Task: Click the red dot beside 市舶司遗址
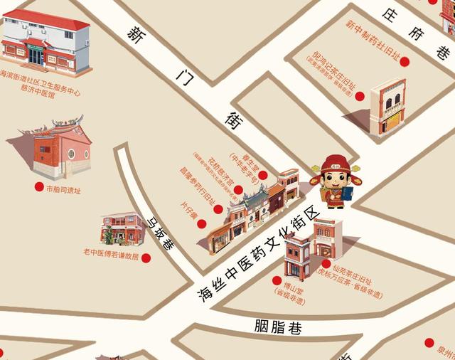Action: pos(39,186)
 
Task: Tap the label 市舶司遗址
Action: pos(63,190)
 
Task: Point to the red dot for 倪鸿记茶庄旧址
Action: pos(360,96)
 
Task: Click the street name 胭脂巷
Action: pos(278,328)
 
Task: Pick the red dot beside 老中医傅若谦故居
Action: pos(146,258)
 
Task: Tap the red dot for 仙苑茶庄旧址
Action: pos(326,264)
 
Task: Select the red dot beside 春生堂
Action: pos(263,175)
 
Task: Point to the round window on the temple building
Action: pos(70,154)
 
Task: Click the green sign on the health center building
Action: pos(35,47)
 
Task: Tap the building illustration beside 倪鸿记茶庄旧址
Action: pos(388,107)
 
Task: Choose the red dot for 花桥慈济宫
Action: pos(239,189)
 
